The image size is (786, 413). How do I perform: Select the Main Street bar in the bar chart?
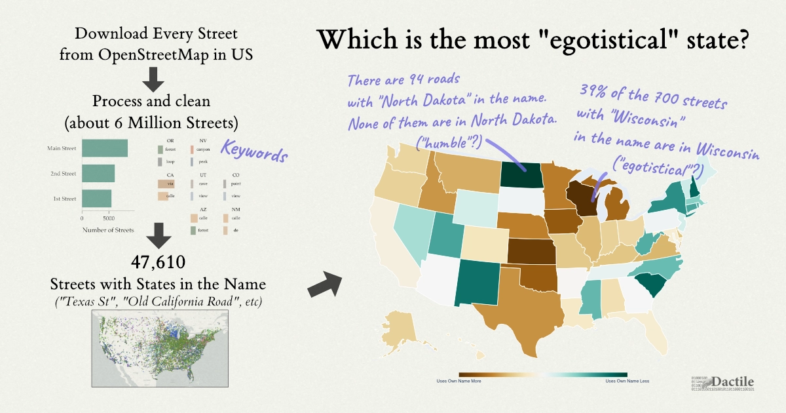pos(104,149)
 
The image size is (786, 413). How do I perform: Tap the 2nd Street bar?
pos(98,174)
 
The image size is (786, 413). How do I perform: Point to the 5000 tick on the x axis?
pos(109,218)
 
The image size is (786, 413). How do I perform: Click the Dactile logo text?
pos(732,381)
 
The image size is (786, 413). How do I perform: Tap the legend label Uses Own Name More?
pos(459,381)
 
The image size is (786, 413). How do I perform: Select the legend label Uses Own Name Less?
pos(627,381)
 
